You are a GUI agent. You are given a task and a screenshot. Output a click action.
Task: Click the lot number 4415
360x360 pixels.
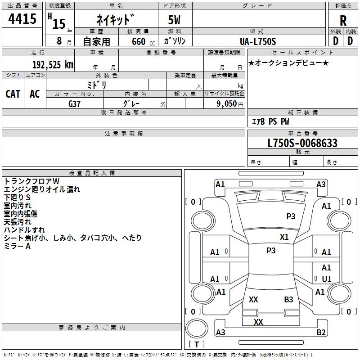pyautogui.click(x=22, y=19)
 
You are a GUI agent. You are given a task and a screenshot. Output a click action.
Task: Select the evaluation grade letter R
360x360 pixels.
pyautogui.click(x=343, y=20)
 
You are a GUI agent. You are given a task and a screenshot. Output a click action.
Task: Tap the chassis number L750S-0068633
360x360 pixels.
pyautogui.click(x=302, y=144)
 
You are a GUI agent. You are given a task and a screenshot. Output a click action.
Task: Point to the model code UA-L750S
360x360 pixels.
pyautogui.click(x=258, y=41)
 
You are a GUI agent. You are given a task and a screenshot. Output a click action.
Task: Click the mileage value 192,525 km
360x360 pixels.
pyautogui.click(x=53, y=65)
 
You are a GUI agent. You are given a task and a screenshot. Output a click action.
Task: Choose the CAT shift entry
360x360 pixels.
pyautogui.click(x=13, y=94)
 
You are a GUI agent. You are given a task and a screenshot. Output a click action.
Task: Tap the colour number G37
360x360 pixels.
pyautogui.click(x=75, y=103)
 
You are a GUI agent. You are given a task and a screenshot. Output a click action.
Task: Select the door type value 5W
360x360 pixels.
pyautogui.click(x=175, y=21)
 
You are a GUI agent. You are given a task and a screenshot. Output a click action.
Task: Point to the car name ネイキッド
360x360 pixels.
pyautogui.click(x=116, y=20)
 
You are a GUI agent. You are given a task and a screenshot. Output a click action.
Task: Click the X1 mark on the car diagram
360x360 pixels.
pyautogui.click(x=284, y=237)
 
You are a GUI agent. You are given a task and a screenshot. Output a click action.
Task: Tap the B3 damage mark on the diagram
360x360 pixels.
pyautogui.click(x=288, y=299)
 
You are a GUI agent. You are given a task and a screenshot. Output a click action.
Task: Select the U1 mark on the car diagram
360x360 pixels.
pyautogui.click(x=327, y=279)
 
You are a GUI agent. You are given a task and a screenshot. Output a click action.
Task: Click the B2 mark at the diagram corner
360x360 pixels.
pyautogui.click(x=321, y=333)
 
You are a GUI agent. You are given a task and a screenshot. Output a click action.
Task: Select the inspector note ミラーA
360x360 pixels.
pyautogui.click(x=17, y=246)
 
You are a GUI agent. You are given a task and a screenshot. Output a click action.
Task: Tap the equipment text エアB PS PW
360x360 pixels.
pyautogui.click(x=270, y=121)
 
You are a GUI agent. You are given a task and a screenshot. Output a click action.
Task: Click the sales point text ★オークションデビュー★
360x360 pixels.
pyautogui.click(x=288, y=63)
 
